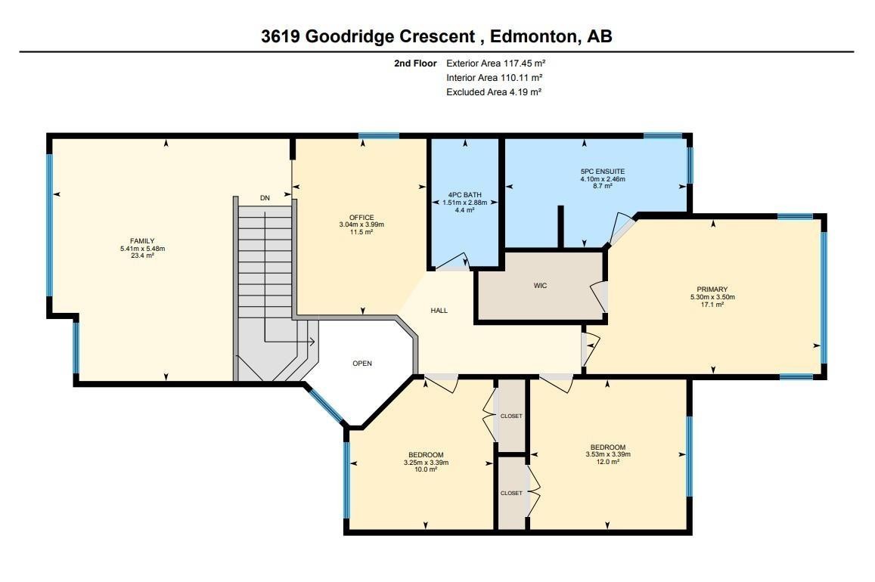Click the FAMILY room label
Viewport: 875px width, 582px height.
142,241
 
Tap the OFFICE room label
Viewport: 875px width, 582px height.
361,218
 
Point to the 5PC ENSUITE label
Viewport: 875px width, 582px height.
597,171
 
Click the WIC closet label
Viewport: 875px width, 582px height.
540,286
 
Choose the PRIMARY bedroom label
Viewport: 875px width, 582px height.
712,289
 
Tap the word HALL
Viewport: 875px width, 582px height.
439,311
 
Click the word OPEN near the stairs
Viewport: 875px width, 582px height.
362,364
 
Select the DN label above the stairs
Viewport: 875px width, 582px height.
265,198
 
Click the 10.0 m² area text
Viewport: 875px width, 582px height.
426,469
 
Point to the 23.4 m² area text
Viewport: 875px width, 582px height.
142,255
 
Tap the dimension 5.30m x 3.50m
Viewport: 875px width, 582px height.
712,297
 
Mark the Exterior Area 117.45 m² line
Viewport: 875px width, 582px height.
495,63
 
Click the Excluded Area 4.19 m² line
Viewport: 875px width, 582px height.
493,92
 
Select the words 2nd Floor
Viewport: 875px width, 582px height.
415,63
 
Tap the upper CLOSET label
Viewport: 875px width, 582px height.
511,416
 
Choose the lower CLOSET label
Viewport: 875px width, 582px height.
511,494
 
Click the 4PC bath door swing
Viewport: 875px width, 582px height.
455,262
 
